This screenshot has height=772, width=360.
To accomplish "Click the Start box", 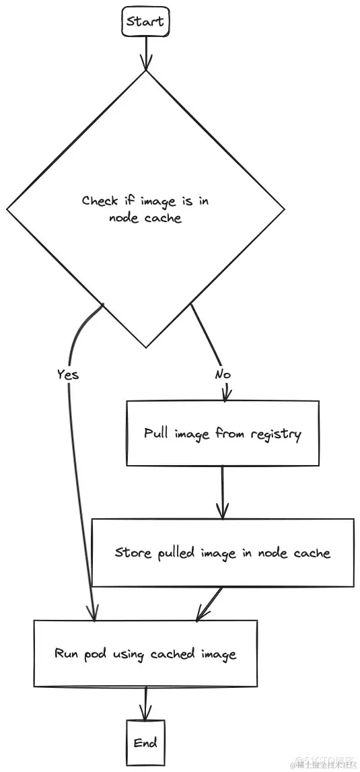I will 145,22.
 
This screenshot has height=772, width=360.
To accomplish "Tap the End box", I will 145,742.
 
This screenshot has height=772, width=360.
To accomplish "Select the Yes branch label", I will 67,374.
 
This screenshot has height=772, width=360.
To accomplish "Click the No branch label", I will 223,374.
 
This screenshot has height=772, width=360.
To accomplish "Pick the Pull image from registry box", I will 222,433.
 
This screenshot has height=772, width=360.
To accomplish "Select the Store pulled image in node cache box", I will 222,553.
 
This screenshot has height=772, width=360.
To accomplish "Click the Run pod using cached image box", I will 145,654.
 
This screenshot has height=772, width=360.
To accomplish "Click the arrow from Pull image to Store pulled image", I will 222,492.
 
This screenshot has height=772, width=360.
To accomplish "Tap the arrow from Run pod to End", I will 145,703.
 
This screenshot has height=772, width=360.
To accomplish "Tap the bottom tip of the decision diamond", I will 146,347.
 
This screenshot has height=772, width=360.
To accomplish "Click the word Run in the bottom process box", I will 67,654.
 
